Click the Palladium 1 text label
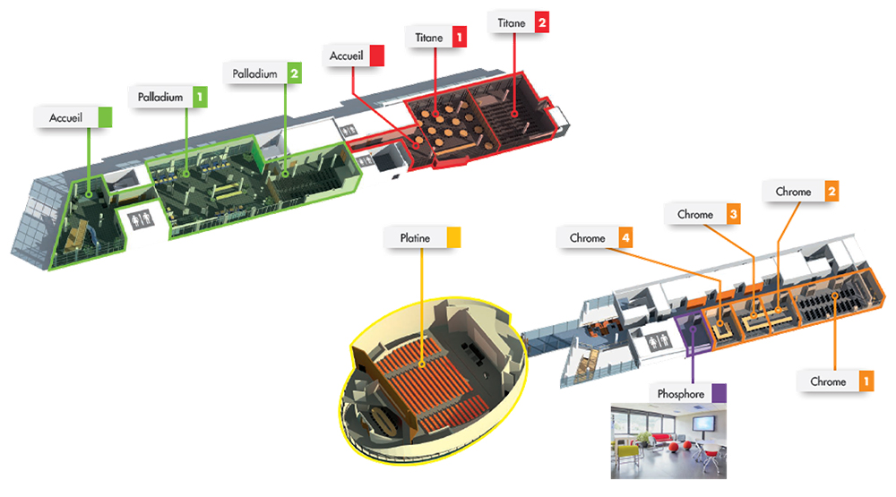click(x=160, y=95)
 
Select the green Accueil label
click(x=65, y=117)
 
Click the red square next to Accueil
click(x=376, y=56)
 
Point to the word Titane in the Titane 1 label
click(x=428, y=38)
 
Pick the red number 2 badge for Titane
click(x=541, y=21)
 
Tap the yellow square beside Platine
click(x=453, y=237)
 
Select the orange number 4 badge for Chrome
click(x=627, y=238)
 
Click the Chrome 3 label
click(x=695, y=215)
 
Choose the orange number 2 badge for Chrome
click(x=832, y=192)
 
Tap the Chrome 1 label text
click(x=828, y=381)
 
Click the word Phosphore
click(x=681, y=393)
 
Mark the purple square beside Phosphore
click(x=719, y=393)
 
